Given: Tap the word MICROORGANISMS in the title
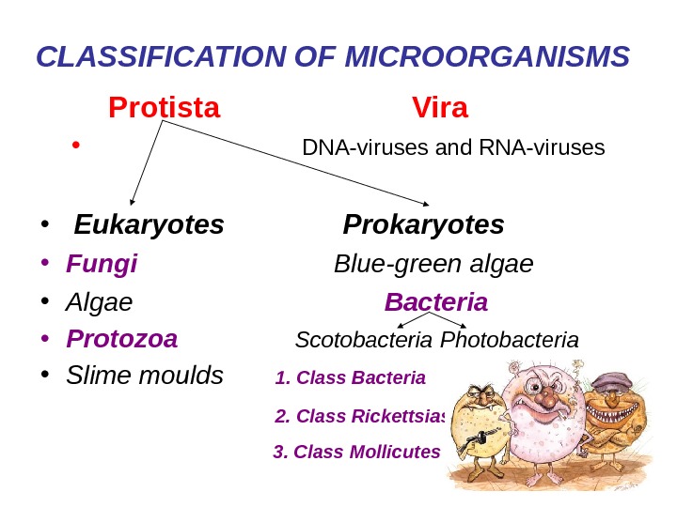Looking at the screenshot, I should (488, 58).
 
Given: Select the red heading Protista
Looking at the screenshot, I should (165, 109).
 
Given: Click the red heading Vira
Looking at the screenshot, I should (440, 109).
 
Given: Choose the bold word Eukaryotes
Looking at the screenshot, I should (150, 225).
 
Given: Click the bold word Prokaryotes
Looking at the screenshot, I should (423, 225).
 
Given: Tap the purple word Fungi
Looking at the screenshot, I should (102, 265).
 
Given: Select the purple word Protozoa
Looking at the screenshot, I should (121, 338).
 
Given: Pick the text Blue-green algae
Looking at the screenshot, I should (433, 265).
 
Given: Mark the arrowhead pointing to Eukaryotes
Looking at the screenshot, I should (133, 200).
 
